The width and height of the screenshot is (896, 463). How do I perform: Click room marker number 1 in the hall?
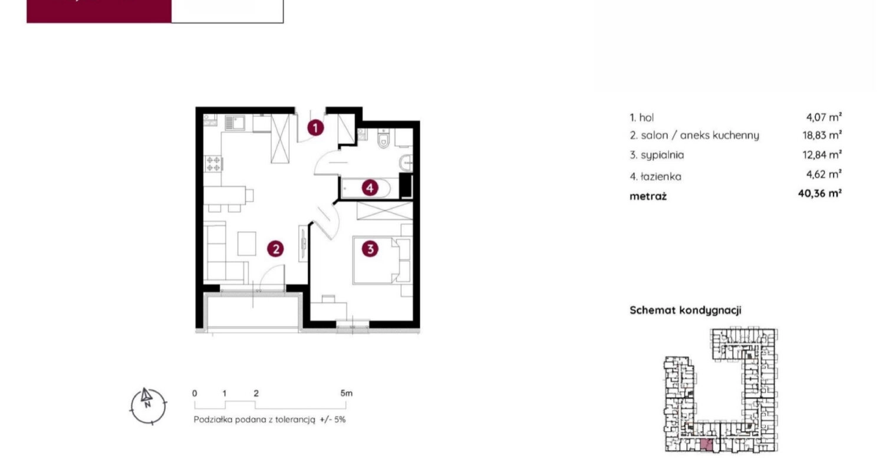315,128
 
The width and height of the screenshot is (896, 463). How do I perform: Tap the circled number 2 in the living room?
276,249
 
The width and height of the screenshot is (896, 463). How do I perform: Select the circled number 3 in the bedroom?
370,249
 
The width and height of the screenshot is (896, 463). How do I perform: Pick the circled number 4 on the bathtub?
370,188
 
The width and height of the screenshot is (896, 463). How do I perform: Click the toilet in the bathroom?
383,139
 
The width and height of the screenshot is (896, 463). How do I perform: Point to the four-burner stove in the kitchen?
213,163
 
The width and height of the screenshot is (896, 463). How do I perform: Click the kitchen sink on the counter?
235,123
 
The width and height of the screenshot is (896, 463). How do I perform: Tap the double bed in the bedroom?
381,260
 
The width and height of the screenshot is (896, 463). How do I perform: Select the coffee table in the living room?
247,244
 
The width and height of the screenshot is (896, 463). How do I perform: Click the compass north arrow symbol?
146,396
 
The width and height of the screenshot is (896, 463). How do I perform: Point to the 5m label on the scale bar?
347,393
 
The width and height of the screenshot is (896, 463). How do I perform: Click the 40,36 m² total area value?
819,193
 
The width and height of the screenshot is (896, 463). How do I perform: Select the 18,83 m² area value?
822,135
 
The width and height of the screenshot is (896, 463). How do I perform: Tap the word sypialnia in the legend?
663,155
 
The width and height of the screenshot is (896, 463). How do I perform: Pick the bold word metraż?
648,196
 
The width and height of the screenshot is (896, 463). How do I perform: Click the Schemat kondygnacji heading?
686,310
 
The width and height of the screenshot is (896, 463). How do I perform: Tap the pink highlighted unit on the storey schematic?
706,445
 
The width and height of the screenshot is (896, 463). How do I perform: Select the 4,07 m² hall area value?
824,117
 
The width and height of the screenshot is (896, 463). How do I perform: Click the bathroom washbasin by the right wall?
406,162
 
